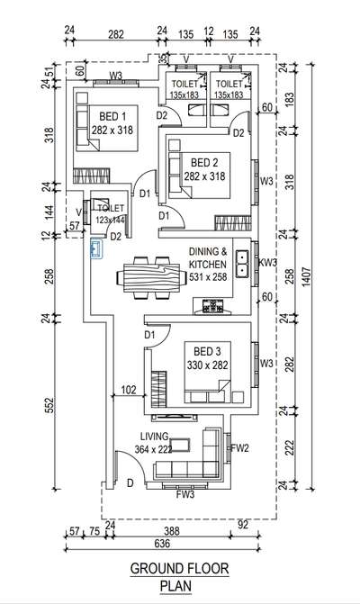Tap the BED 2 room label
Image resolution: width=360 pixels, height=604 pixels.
(x=205, y=163)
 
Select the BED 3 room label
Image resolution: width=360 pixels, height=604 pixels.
(x=207, y=351)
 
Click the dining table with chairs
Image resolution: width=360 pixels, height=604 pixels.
(x=148, y=277)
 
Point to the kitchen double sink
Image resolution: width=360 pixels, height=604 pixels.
(x=243, y=264)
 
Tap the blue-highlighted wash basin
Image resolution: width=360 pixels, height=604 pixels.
(x=96, y=248)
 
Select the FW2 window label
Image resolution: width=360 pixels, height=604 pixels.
(x=240, y=448)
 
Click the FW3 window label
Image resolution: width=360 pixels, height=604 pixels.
(x=185, y=494)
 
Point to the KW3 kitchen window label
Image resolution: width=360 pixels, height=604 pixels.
(x=268, y=263)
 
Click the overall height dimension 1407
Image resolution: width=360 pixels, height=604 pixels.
(x=305, y=276)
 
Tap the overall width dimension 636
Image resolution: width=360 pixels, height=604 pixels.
(x=162, y=544)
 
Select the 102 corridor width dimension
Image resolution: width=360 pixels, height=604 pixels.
(x=129, y=390)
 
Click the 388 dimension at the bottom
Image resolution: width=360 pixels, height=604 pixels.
(x=171, y=532)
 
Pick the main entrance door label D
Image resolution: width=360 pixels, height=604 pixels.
(x=130, y=483)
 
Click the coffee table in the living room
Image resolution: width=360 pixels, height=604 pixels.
(x=180, y=445)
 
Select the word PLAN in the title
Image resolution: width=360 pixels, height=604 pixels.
(x=176, y=586)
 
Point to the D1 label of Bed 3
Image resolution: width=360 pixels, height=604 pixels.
(x=149, y=335)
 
